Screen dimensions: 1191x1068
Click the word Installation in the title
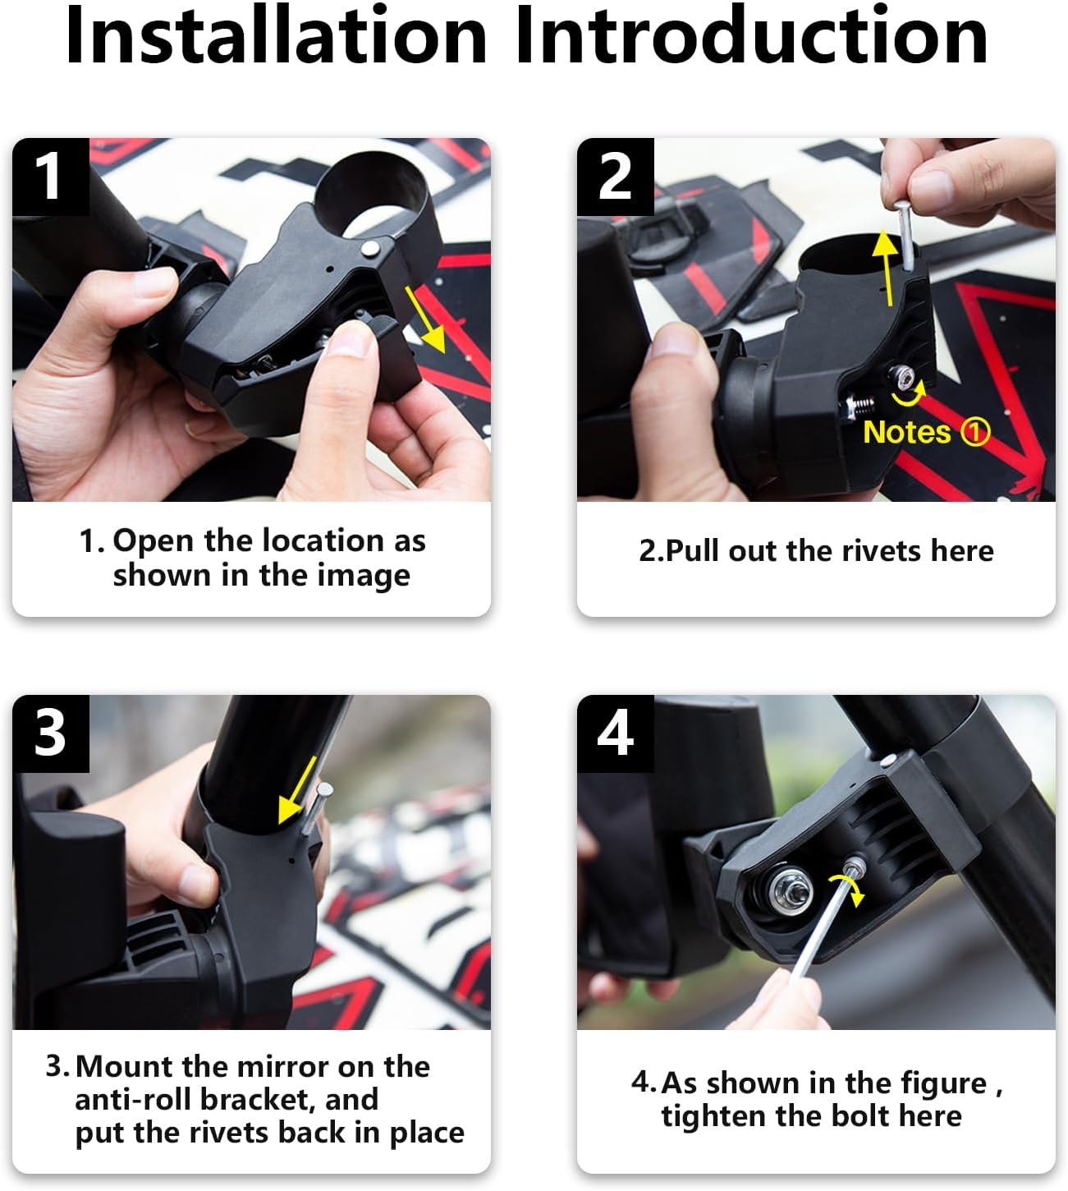(277, 36)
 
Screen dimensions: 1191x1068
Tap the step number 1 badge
(50, 177)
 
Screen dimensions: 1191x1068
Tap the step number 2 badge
(615, 177)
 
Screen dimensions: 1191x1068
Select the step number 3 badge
(50, 733)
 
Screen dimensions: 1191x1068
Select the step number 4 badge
(615, 733)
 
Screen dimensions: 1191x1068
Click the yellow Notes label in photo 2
(906, 432)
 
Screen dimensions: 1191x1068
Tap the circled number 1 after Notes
(975, 432)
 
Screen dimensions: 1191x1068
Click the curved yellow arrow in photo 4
(847, 889)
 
